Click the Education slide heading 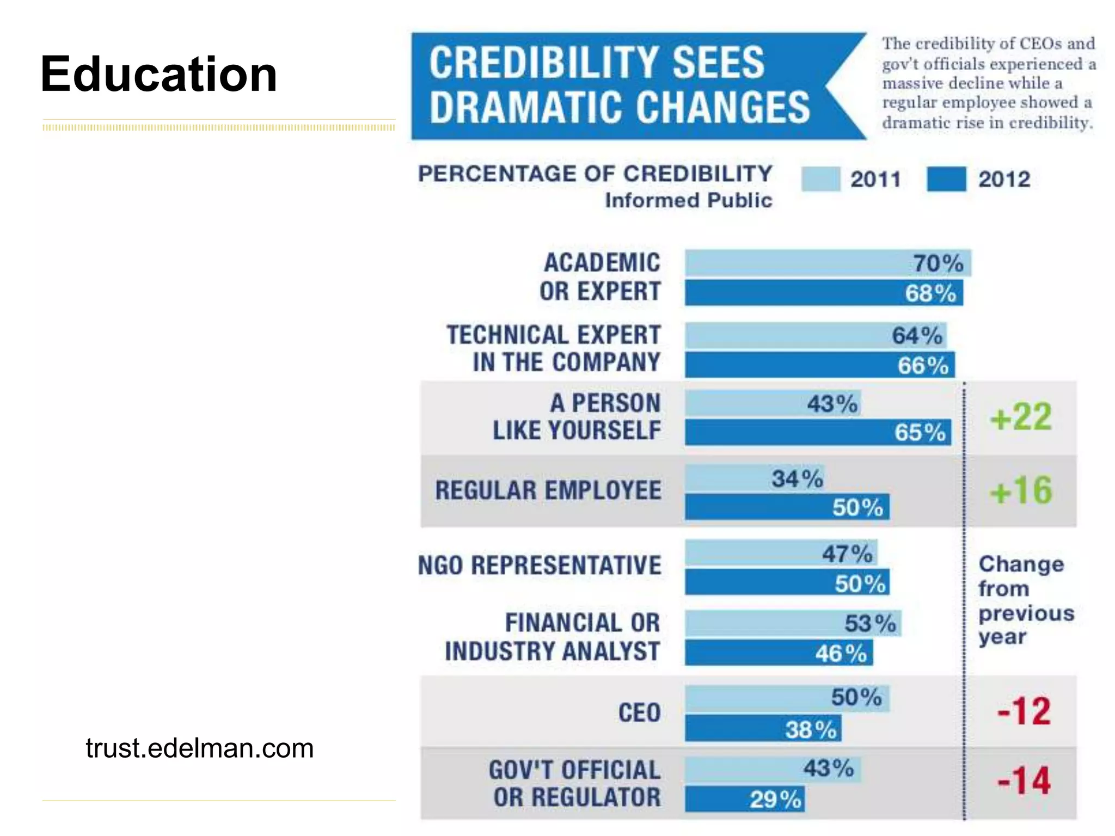tap(159, 74)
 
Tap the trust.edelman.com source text tap(199, 748)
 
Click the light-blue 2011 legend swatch tap(820, 179)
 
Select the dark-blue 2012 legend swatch tap(946, 179)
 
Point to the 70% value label tap(938, 263)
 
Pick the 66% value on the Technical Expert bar tap(923, 365)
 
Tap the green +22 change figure tap(1021, 417)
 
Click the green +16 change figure tap(1021, 490)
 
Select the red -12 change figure tap(1024, 711)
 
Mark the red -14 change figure tap(1024, 781)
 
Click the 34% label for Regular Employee tap(797, 479)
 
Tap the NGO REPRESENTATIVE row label tap(540, 565)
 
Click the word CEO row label tap(639, 712)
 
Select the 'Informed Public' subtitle tap(689, 200)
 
